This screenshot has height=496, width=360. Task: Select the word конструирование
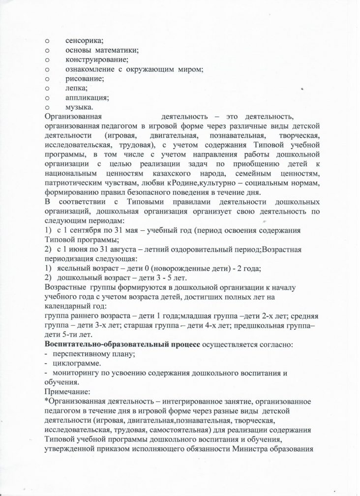tap(93, 60)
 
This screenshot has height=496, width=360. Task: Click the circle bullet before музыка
tap(47, 107)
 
